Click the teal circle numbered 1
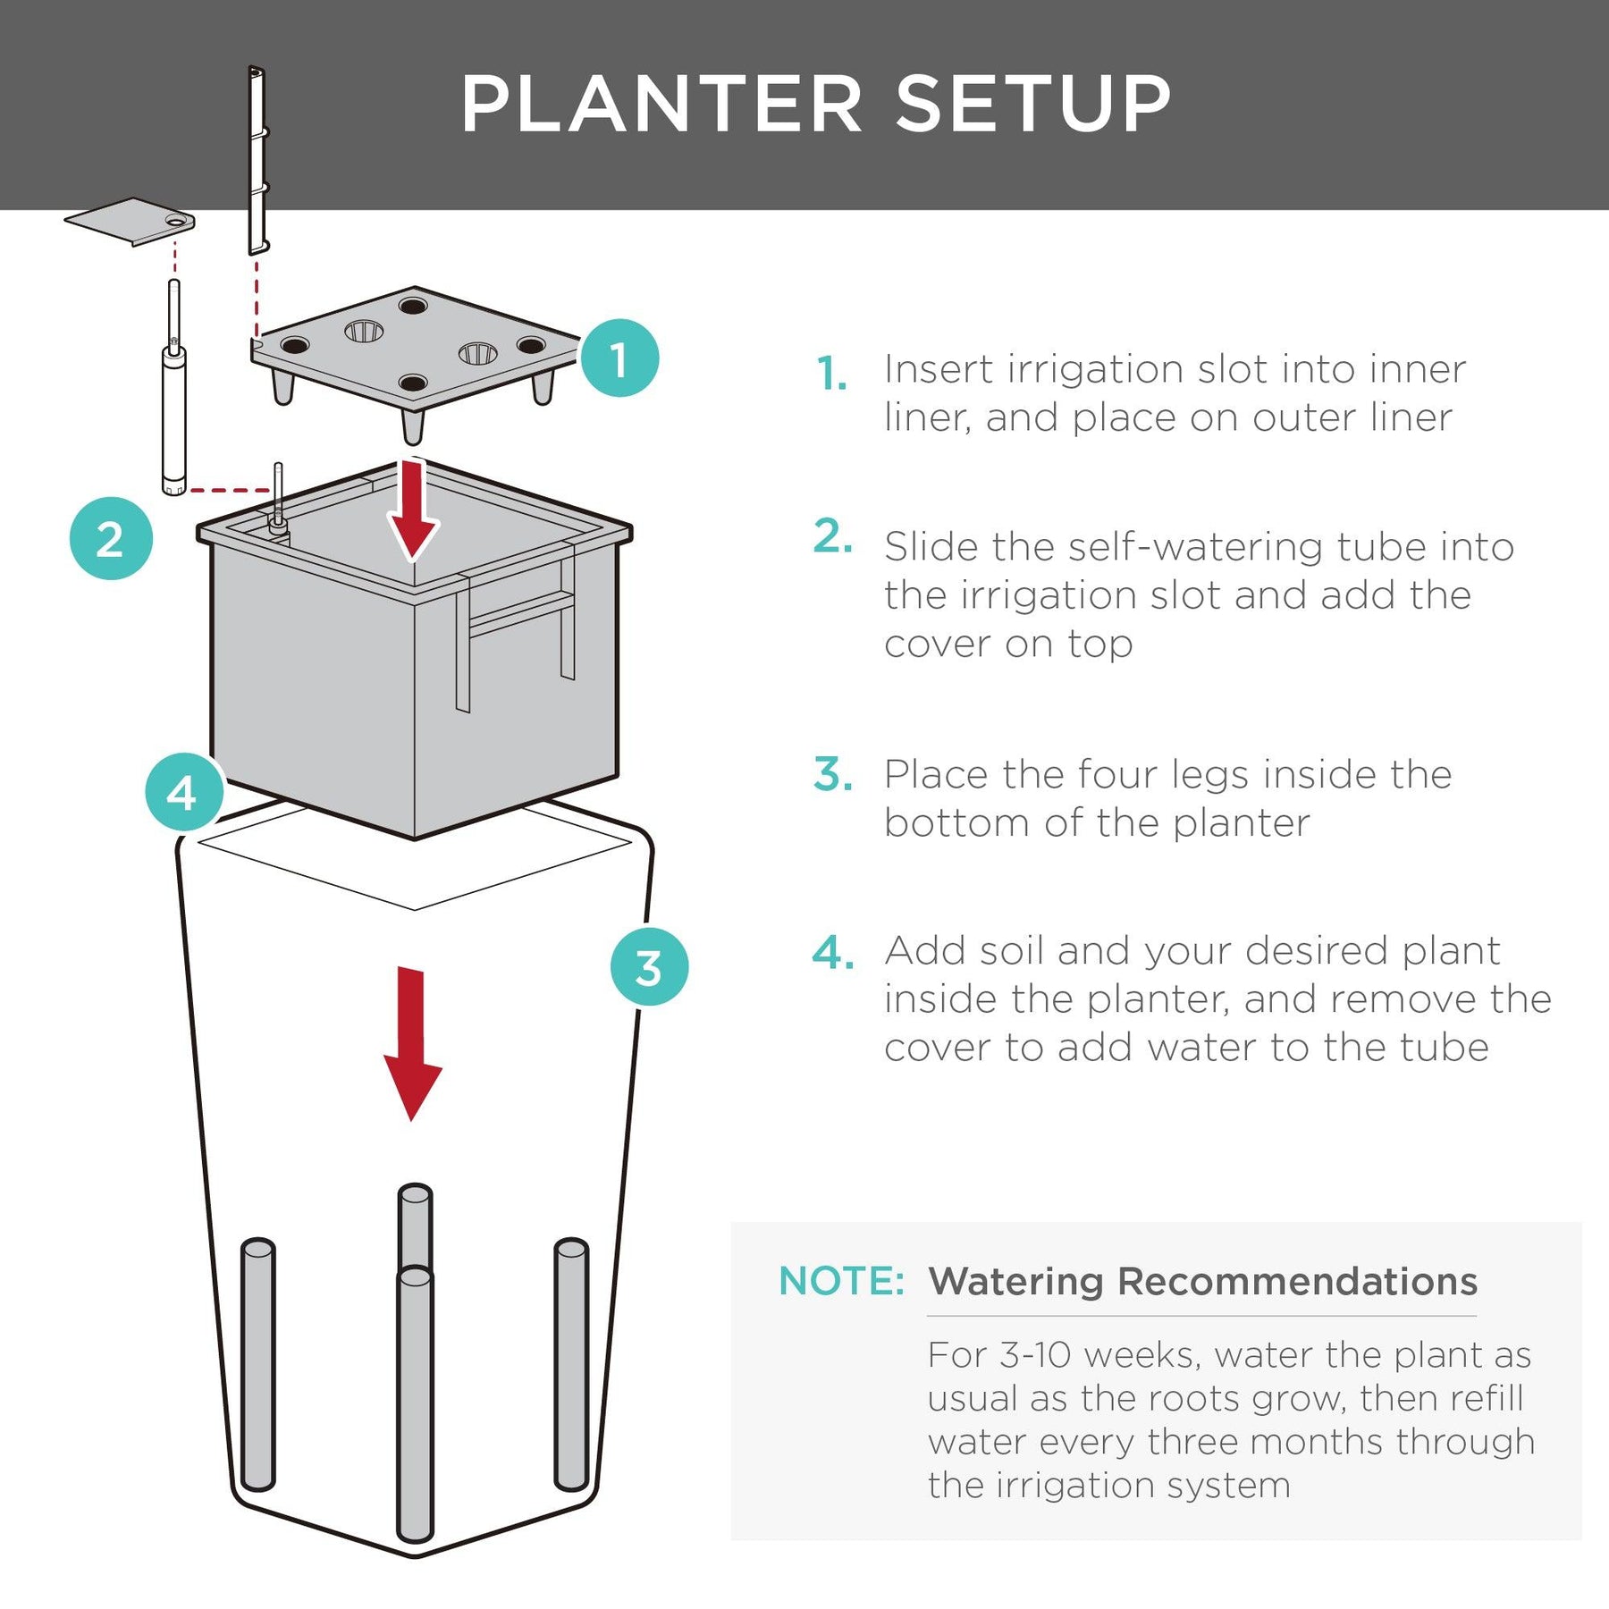pyautogui.click(x=619, y=358)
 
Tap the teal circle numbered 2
pyautogui.click(x=111, y=538)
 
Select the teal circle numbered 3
pyautogui.click(x=649, y=966)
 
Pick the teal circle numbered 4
pyautogui.click(x=184, y=792)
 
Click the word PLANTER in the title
pyautogui.click(x=661, y=105)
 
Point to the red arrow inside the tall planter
pyautogui.click(x=412, y=1041)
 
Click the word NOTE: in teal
pyautogui.click(x=841, y=1281)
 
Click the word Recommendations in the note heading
pyautogui.click(x=1297, y=1281)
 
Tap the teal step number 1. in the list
pyautogui.click(x=831, y=373)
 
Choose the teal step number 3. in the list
pyautogui.click(x=832, y=774)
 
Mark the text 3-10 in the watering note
pyautogui.click(x=1035, y=1355)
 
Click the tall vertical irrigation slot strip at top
pyautogui.click(x=257, y=161)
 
